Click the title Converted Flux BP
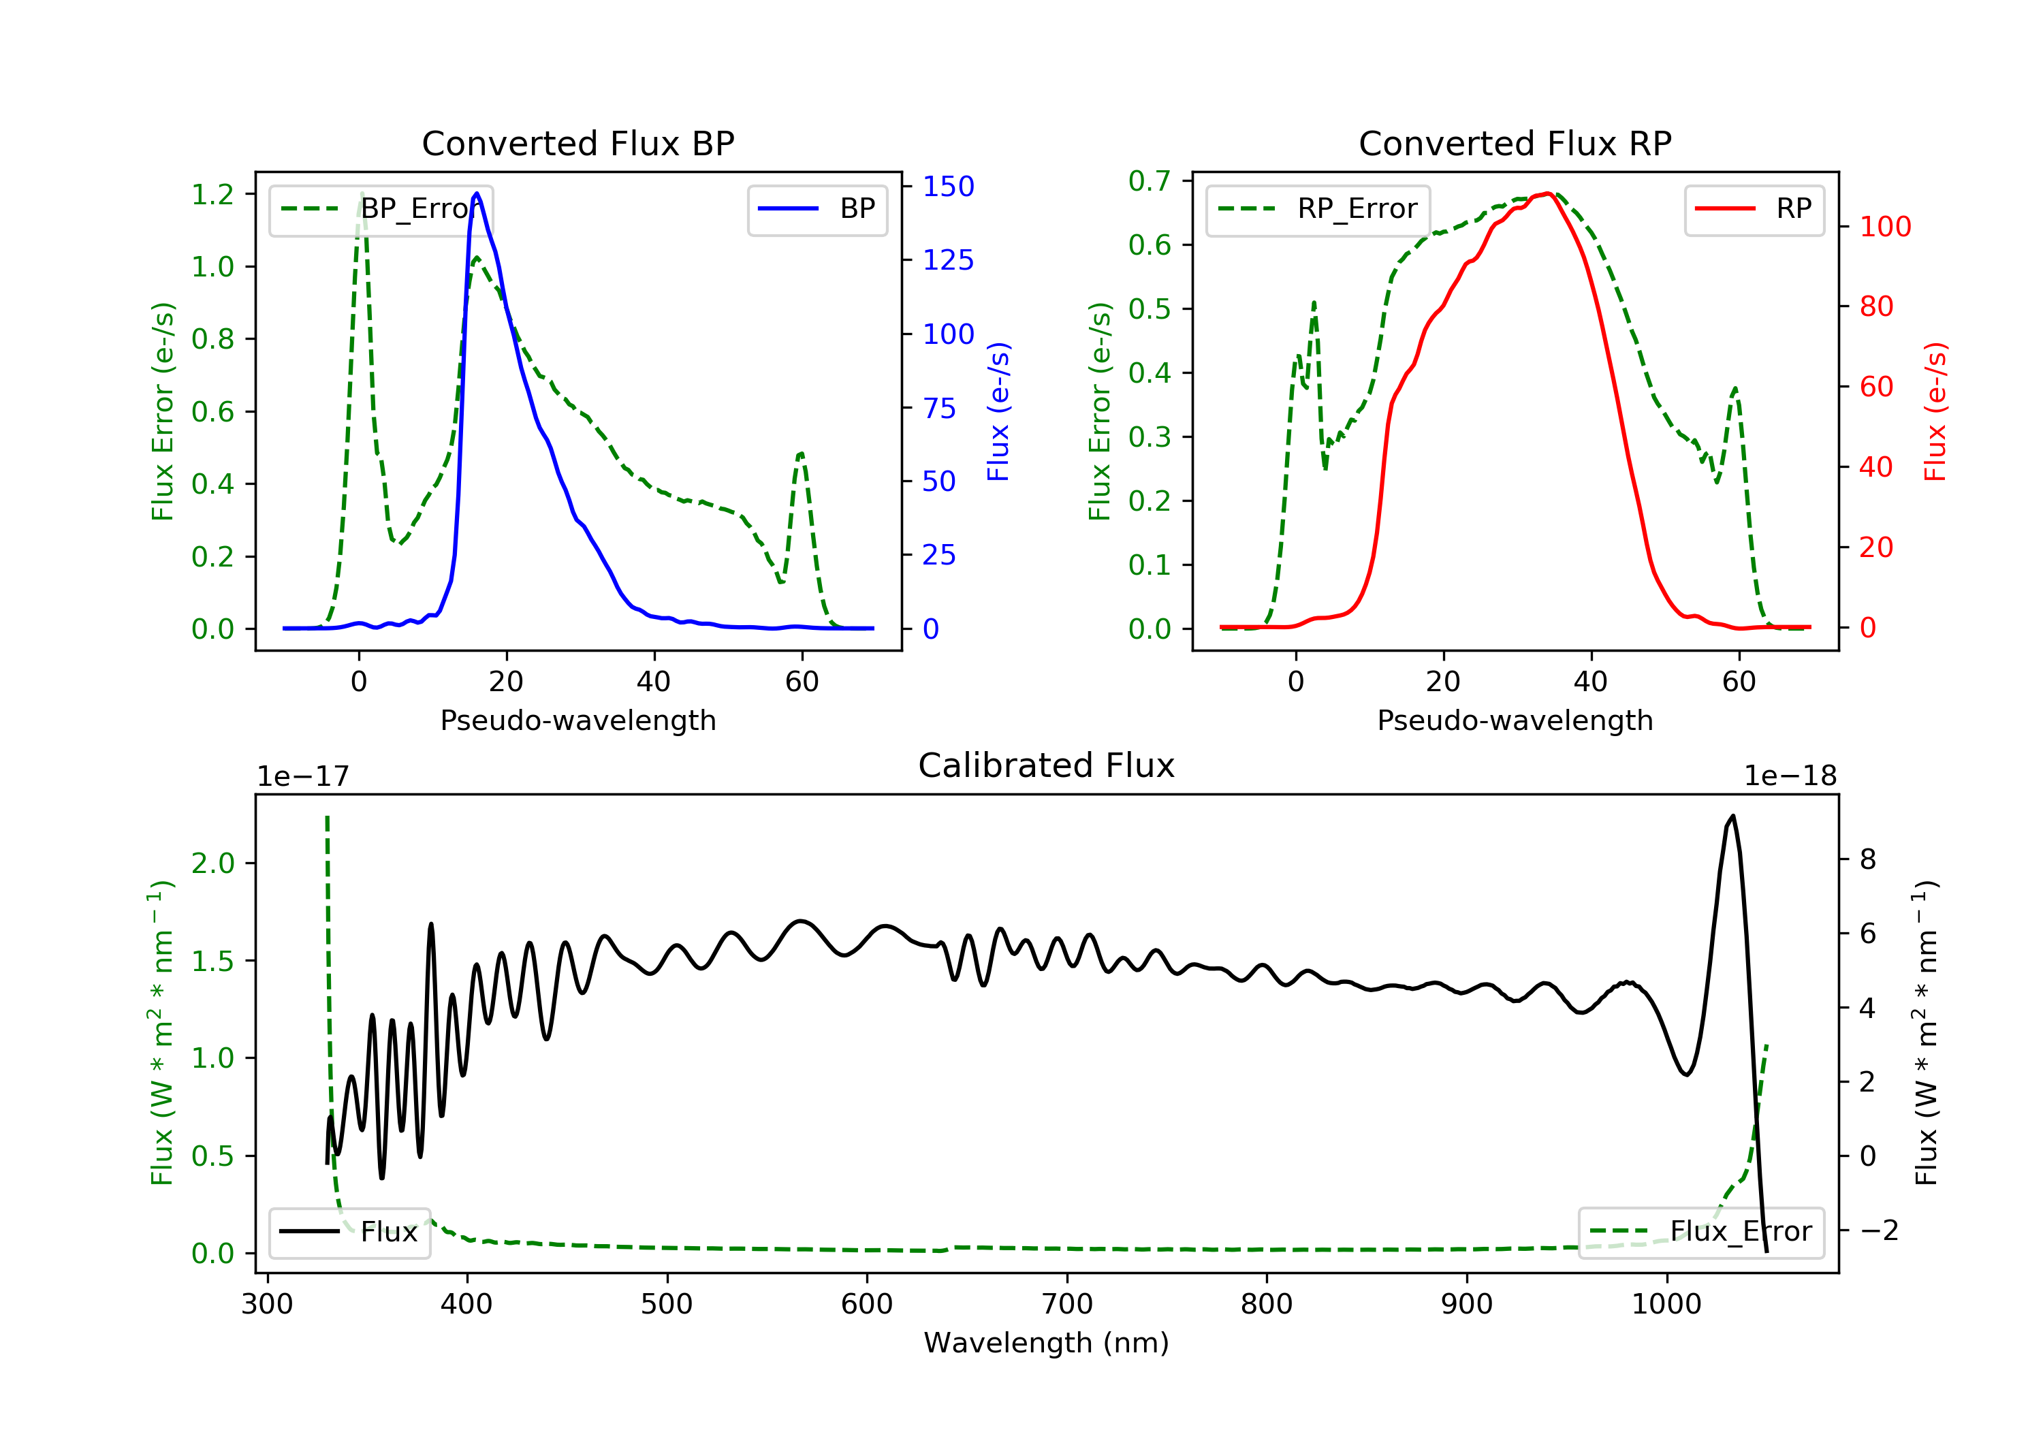pos(577,143)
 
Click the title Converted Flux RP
pos(1515,143)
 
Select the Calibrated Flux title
pos(1047,765)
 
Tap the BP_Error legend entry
pos(381,209)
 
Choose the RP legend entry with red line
pos(1754,208)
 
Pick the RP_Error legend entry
pos(1318,209)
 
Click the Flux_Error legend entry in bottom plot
pos(1701,1232)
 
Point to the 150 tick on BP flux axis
pos(949,186)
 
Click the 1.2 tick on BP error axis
pos(212,194)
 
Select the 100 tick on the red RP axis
pos(1884,226)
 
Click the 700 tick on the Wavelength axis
pos(1067,1305)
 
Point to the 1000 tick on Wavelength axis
pos(1666,1305)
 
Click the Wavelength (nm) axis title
pos(1047,1343)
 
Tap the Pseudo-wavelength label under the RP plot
pos(1515,720)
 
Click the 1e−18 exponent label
pos(1790,776)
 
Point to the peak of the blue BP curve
pos(477,193)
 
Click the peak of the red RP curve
pos(1549,193)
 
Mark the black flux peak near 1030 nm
pos(1732,816)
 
